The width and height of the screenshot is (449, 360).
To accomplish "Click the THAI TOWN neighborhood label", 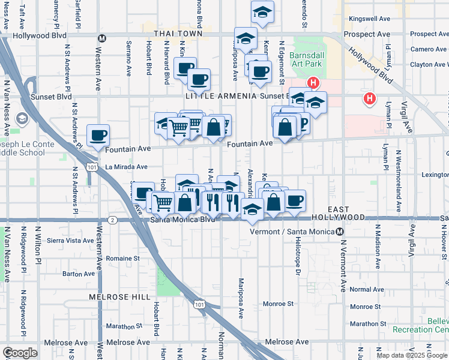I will point(178,34).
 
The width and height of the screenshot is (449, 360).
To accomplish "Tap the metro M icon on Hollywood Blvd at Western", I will point(102,38).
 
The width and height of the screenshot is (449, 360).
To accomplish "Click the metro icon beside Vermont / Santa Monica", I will point(340,232).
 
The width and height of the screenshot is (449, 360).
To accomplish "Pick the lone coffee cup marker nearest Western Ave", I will point(98,136).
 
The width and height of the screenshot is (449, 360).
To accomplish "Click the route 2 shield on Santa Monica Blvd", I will point(113,220).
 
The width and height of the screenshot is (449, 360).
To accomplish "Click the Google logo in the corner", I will point(20,352).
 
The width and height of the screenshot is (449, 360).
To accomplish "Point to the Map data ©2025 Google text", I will point(412,355).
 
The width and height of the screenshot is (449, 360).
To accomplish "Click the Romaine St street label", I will point(123,258).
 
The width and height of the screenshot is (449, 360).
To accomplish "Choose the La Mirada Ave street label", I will point(126,167).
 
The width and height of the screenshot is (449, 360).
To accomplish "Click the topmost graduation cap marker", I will point(262,11).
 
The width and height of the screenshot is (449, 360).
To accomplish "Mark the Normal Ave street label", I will point(366,289).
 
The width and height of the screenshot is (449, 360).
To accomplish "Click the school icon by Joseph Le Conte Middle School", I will point(22,119).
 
